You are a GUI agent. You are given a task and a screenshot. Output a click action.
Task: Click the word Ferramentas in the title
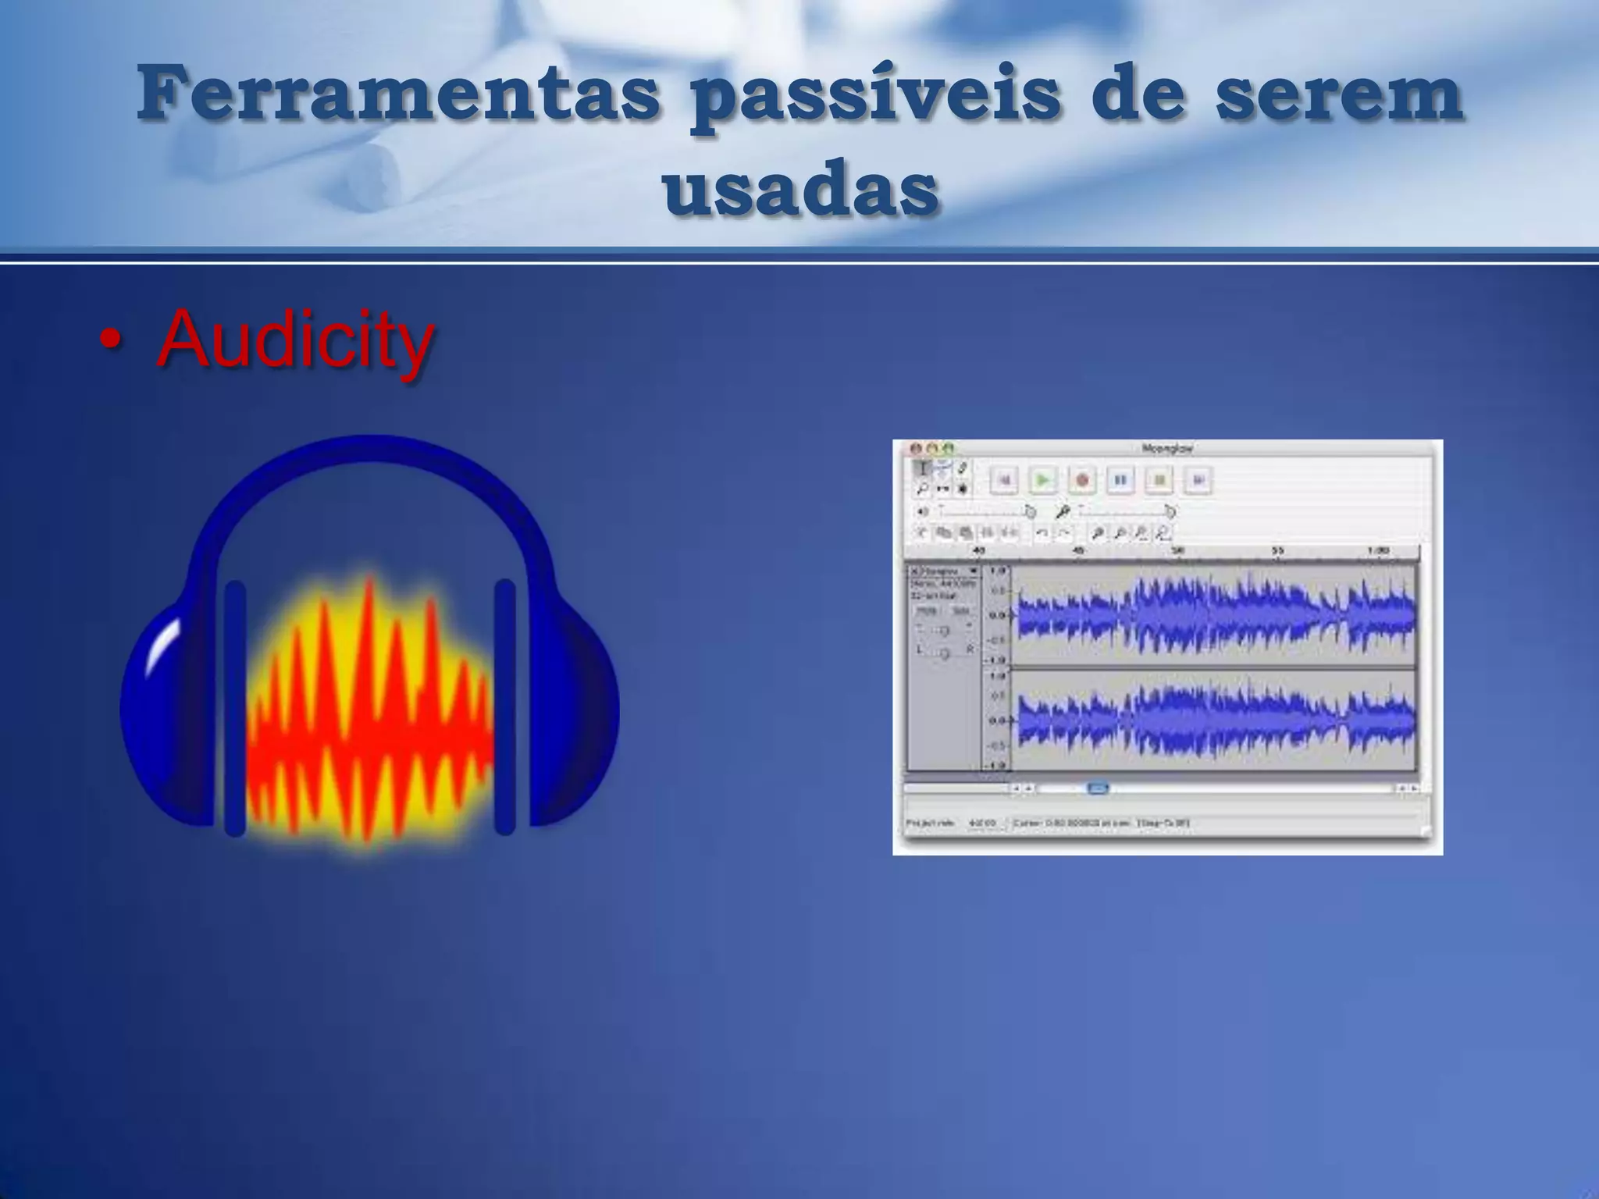[x=397, y=94]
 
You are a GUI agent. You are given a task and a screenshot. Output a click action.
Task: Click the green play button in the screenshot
[x=1042, y=480]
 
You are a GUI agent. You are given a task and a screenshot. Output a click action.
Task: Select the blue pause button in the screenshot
[x=1120, y=480]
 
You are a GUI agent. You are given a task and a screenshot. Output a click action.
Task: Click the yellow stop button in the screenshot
[x=1159, y=480]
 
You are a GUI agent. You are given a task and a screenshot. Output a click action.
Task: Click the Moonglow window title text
[x=1167, y=449]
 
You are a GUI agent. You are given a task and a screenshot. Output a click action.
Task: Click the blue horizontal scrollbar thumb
[x=1097, y=788]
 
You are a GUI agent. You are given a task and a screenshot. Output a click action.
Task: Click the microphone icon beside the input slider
[x=1063, y=512]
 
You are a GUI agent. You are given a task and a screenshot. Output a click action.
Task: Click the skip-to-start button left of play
[x=1004, y=480]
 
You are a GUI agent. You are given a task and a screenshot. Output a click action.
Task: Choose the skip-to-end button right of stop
[x=1198, y=480]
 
